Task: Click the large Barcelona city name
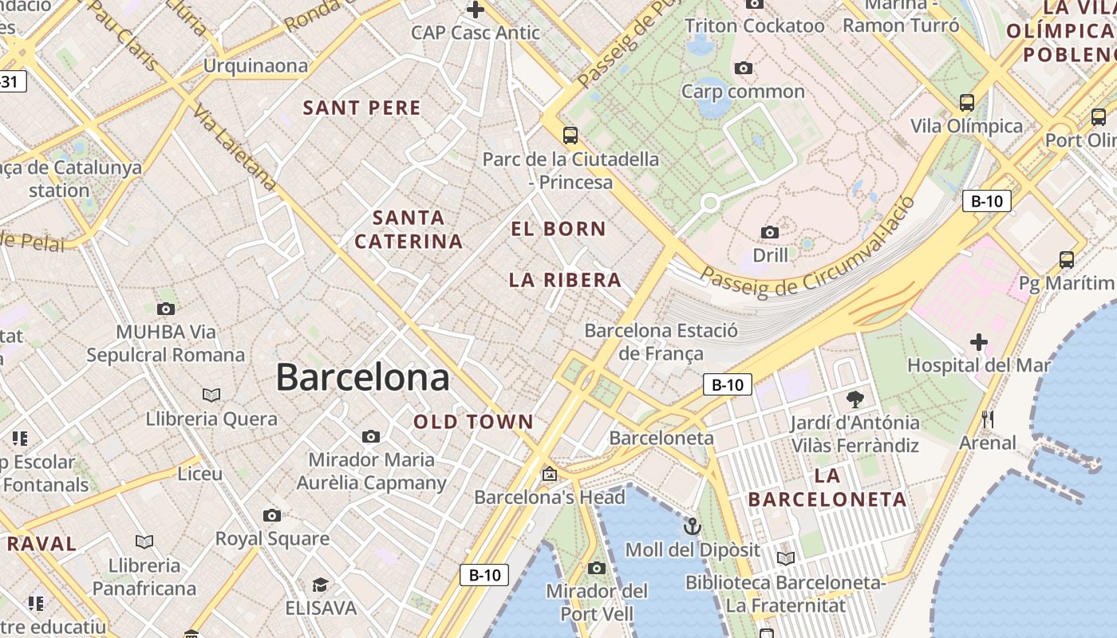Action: pos(362,377)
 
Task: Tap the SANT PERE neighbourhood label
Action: pos(361,108)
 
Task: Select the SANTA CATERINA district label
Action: pos(409,229)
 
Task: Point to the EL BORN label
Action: pos(558,229)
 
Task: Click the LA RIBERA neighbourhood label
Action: pos(565,280)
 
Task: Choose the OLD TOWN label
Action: pos(473,422)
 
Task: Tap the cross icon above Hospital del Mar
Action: pos(979,343)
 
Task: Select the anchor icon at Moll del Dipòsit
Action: pos(693,526)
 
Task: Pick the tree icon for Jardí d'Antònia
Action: pos(855,399)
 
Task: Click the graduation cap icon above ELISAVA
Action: pos(320,585)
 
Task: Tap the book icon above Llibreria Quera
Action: pos(211,395)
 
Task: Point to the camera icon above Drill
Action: pos(770,232)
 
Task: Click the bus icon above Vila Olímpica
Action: pos(967,102)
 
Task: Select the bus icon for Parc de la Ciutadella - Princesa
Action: pos(570,136)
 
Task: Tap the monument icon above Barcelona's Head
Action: pos(549,474)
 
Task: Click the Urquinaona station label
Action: pos(255,65)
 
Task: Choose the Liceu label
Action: pos(199,474)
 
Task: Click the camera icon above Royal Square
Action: pos(272,515)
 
